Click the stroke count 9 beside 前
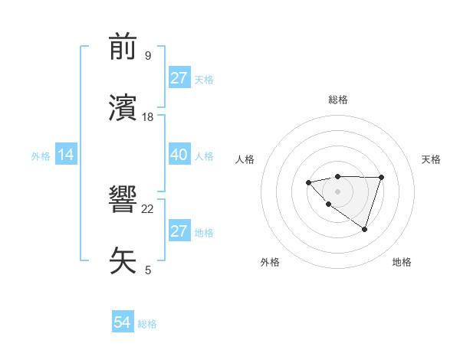click(147, 56)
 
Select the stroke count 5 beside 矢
click(147, 270)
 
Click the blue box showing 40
click(179, 155)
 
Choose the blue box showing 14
click(66, 155)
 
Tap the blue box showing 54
click(122, 323)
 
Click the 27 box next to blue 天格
click(179, 78)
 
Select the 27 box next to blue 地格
click(179, 231)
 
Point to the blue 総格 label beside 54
click(147, 324)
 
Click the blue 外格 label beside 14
click(41, 156)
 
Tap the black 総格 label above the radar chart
click(337, 100)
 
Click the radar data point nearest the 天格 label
click(381, 177)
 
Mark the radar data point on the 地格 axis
click(365, 229)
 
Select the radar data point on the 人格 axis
click(308, 182)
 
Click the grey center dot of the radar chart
click(337, 191)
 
